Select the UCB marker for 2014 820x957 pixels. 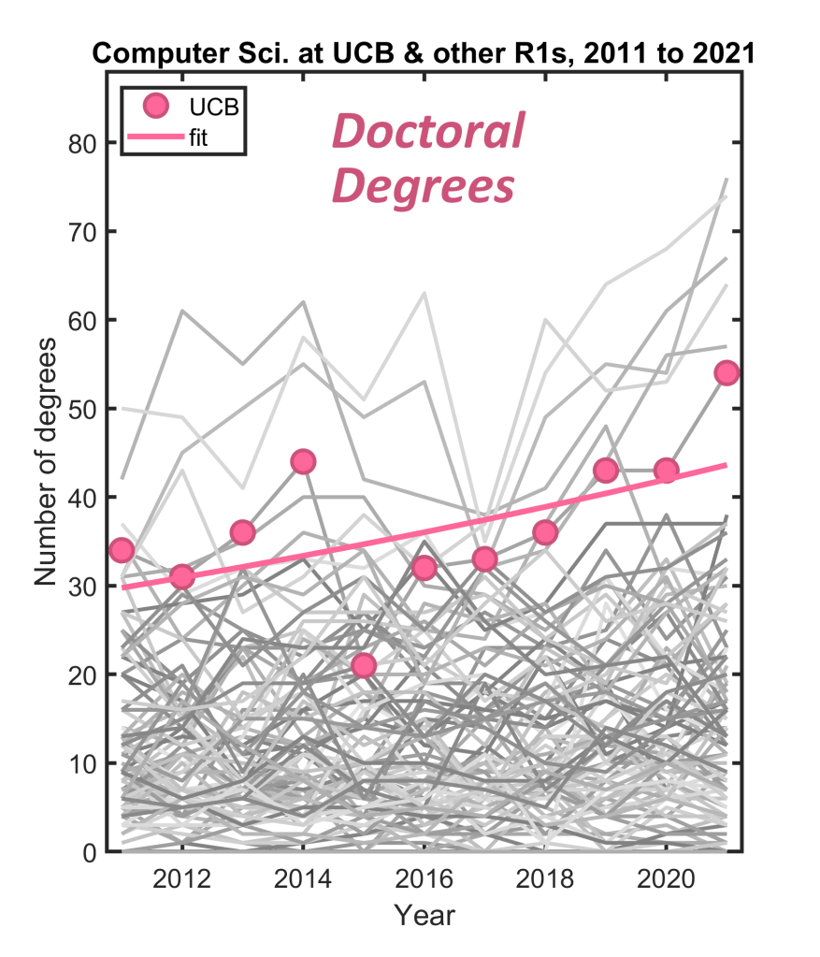point(303,461)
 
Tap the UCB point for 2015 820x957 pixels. point(364,665)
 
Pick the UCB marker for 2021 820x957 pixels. point(726,373)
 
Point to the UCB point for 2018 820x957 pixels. point(545,532)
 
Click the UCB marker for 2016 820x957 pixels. point(424,568)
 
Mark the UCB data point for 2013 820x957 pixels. point(243,532)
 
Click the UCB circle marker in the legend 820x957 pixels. point(157,105)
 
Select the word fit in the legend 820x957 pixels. point(211,139)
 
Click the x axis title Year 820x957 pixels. point(424,914)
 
